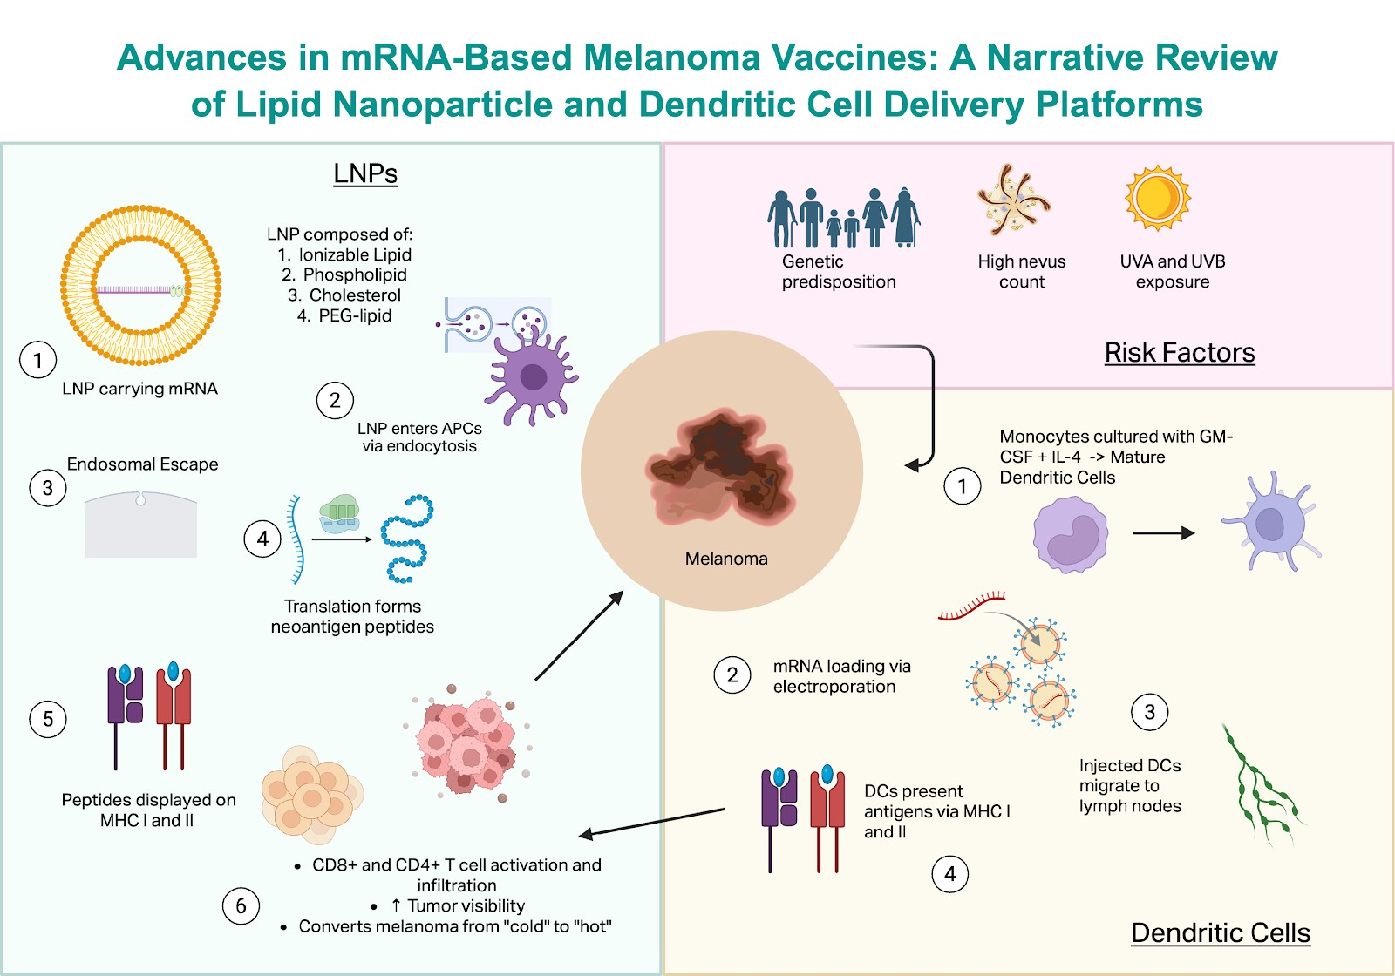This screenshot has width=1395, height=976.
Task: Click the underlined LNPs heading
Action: (x=365, y=173)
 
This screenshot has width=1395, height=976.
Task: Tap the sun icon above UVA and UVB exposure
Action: (x=1157, y=198)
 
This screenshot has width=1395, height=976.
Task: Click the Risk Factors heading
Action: (x=1179, y=352)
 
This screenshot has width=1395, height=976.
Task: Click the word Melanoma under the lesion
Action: (x=726, y=559)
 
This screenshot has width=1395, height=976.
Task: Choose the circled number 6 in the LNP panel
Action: (x=241, y=906)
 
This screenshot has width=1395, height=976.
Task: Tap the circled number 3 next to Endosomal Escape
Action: (x=48, y=488)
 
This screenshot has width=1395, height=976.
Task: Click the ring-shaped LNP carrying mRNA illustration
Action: (x=140, y=286)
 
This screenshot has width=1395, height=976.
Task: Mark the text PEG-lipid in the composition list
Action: (x=355, y=315)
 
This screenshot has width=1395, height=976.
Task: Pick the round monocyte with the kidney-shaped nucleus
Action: (x=1071, y=534)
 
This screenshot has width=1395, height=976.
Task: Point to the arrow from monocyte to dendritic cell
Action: (x=1163, y=533)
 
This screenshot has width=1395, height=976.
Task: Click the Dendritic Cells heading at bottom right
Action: (x=1220, y=932)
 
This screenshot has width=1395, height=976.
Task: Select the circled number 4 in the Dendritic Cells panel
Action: (x=950, y=874)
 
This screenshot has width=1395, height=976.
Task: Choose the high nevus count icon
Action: (x=1012, y=200)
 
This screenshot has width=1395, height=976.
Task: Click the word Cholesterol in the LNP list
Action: (x=355, y=295)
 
